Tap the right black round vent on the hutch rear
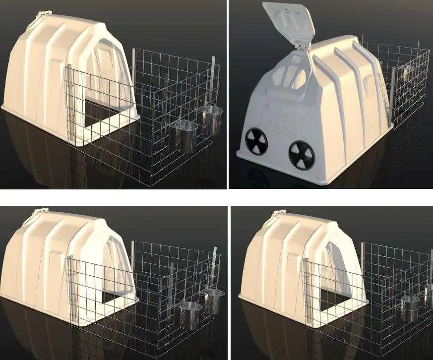(302, 155)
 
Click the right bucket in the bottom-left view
(214, 300)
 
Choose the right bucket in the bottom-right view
(428, 294)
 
